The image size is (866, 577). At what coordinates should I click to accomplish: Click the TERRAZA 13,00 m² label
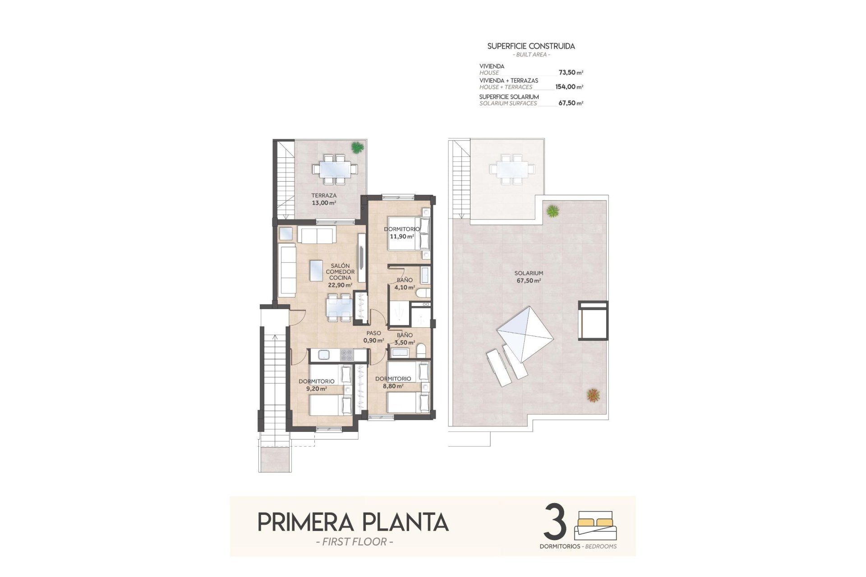pos(324,199)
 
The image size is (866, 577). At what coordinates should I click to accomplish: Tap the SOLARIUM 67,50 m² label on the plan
pos(529,277)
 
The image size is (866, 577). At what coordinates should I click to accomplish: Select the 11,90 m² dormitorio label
pos(401,233)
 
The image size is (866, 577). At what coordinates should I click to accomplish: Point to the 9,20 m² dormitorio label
pos(316,385)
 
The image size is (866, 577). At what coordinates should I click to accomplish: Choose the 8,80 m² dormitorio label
pos(392,382)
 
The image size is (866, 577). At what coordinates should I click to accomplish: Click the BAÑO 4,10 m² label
pos(404,284)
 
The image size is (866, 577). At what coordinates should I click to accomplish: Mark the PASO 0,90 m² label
pos(373,337)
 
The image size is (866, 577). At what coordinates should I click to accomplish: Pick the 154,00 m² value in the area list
pos(569,87)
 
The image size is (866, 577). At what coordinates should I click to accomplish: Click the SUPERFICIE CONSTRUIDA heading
pos(531,46)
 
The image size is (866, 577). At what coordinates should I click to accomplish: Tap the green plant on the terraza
pos(357,147)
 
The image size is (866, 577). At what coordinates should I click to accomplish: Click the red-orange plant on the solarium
pos(593,395)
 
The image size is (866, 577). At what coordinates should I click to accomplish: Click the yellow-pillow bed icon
pos(595,525)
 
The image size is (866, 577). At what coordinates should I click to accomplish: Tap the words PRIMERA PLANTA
pos(353,522)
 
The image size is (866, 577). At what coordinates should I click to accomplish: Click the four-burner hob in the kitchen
pos(346,355)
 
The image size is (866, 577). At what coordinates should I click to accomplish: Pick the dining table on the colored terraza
pos(334,169)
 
